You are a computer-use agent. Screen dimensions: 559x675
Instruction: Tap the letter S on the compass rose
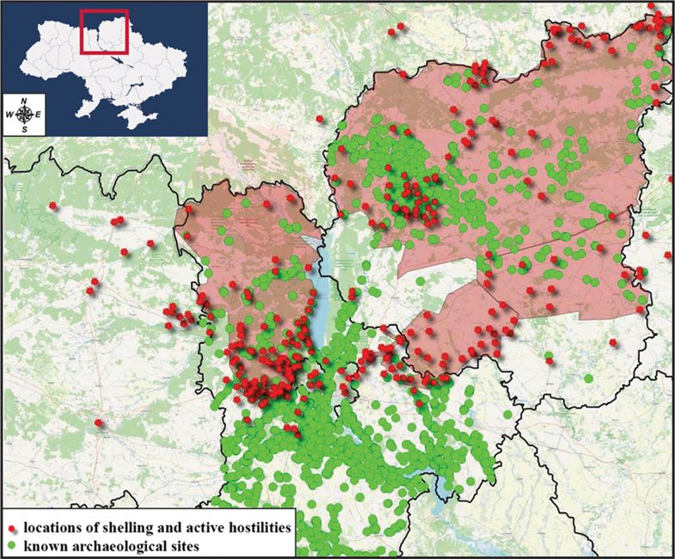[25, 129]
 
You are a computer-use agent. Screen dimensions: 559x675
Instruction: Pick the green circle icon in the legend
[13, 544]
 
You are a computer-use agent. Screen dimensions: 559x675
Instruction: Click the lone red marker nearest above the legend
[99, 422]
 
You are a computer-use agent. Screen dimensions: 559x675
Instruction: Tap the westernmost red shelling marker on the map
[53, 206]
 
